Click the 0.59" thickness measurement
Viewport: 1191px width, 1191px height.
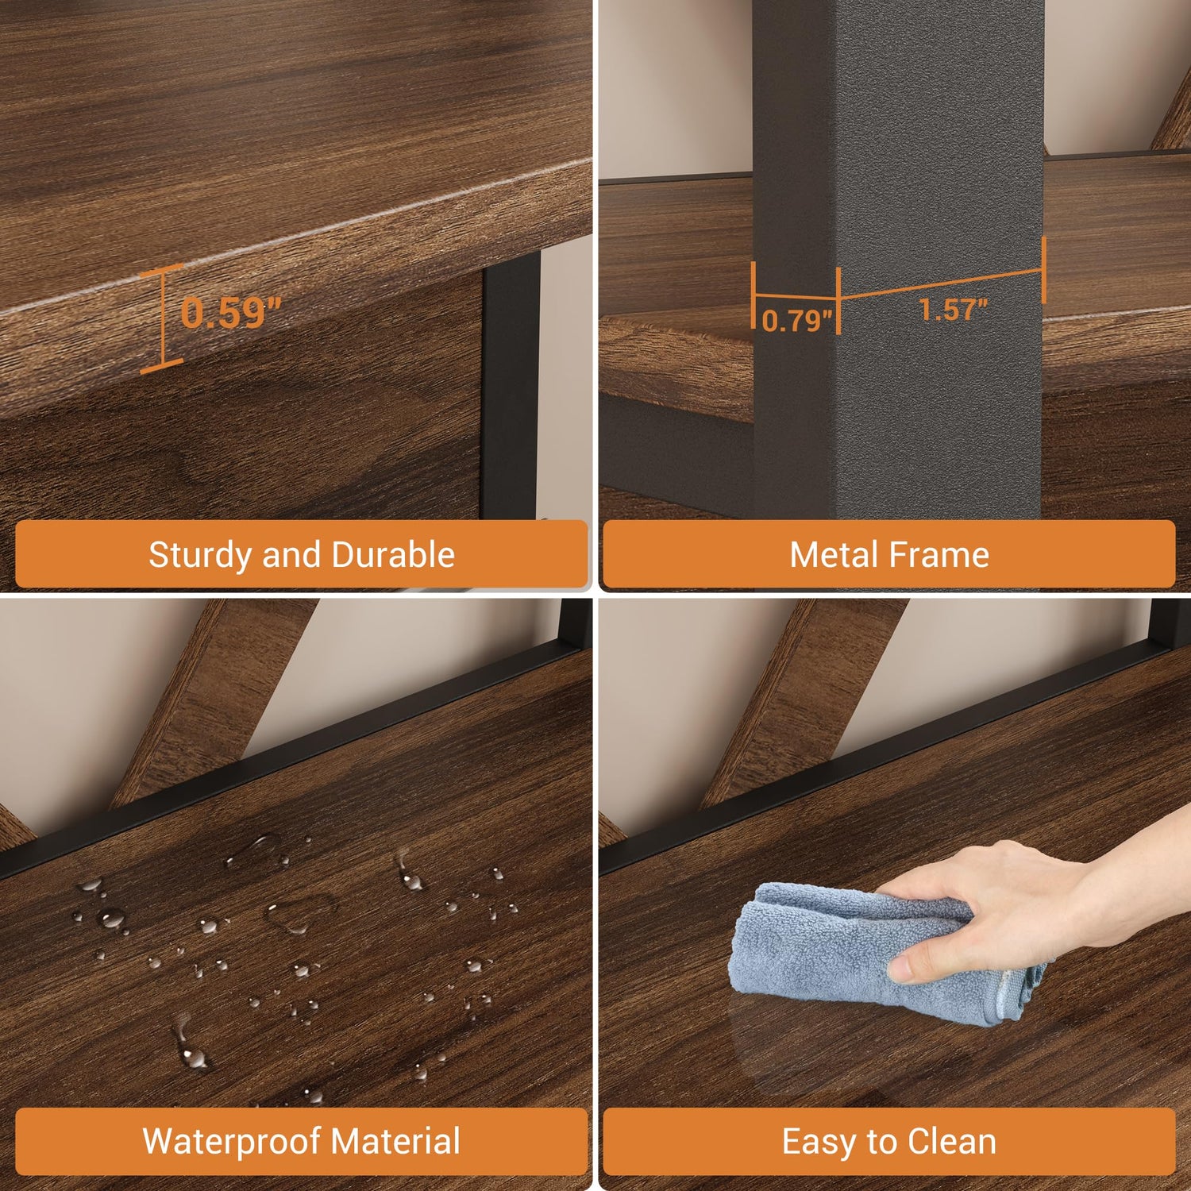coord(231,312)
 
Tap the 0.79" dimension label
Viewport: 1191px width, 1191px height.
coord(797,321)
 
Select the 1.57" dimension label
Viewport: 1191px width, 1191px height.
coord(953,309)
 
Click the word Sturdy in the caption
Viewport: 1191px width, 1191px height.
coord(199,555)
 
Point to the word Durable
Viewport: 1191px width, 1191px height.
coord(393,554)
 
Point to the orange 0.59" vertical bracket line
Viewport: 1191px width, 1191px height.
coord(163,318)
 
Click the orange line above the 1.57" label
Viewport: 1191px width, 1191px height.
coord(942,283)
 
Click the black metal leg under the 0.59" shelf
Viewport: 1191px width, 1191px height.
coord(510,389)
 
